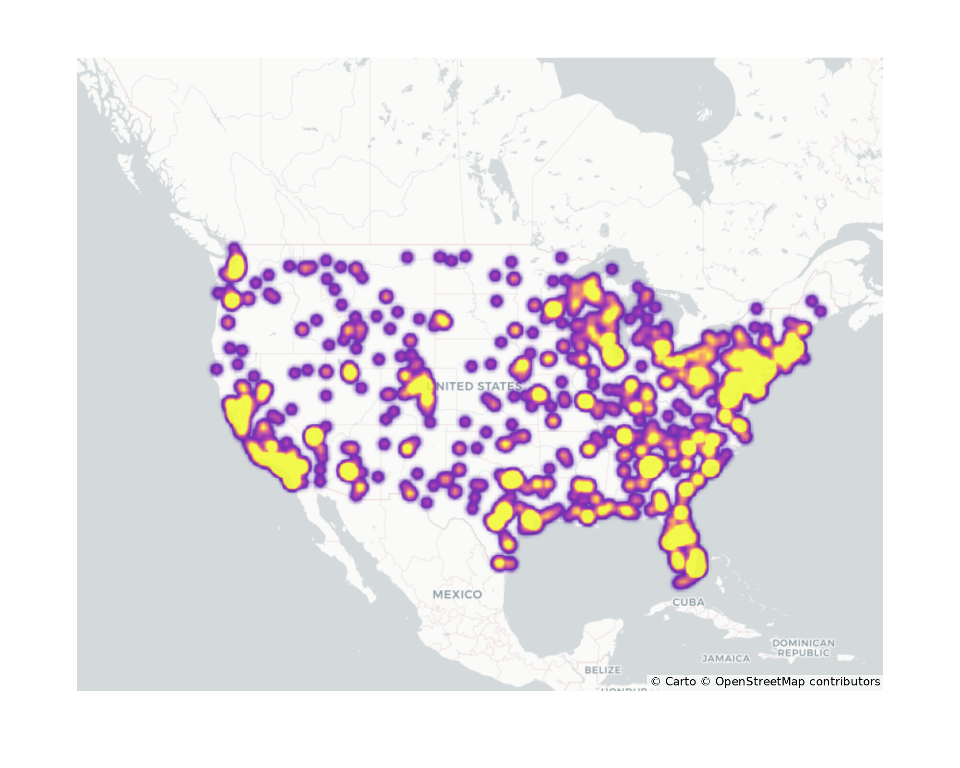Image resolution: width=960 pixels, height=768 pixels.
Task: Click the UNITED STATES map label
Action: (x=474, y=386)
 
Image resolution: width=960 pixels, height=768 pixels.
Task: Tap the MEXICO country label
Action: (x=457, y=594)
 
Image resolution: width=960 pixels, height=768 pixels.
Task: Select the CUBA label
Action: (x=688, y=602)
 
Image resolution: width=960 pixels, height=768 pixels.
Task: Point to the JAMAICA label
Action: (x=726, y=659)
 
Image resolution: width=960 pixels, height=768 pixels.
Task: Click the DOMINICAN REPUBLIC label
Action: (x=804, y=648)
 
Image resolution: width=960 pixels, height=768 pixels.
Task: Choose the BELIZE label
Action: (x=602, y=670)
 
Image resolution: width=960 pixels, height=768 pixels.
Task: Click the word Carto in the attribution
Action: (x=680, y=682)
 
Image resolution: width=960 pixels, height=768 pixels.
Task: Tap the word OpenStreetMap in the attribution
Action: (x=760, y=682)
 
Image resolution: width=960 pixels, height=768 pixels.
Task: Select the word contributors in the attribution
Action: (x=845, y=682)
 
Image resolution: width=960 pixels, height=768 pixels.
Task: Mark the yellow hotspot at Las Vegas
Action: (x=314, y=436)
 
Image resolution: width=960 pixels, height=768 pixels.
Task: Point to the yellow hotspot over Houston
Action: (x=531, y=519)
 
